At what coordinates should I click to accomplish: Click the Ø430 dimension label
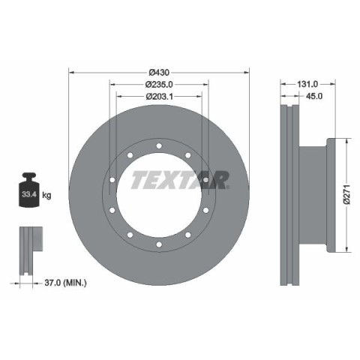(x=159, y=73)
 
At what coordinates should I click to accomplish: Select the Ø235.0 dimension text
(x=159, y=85)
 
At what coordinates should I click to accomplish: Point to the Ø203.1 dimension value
(x=159, y=97)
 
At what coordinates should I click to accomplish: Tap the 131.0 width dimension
(x=307, y=84)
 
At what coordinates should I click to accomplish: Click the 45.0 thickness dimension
(x=314, y=96)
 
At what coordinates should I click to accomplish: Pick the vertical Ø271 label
(x=346, y=194)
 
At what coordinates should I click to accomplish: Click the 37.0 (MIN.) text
(x=65, y=283)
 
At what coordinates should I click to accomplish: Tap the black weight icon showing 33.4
(x=29, y=190)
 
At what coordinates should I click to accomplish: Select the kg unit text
(x=46, y=194)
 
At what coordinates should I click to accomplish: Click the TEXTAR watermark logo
(x=180, y=180)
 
